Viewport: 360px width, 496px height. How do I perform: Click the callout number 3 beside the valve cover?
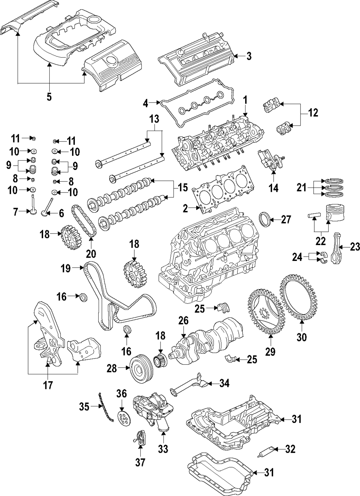click(x=249, y=56)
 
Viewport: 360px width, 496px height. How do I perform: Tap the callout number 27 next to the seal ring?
click(x=285, y=220)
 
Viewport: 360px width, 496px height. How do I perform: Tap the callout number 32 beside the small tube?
click(x=290, y=449)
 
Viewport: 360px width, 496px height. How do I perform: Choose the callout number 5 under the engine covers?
click(x=49, y=96)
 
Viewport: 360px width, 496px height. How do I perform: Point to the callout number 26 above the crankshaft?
click(x=184, y=320)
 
